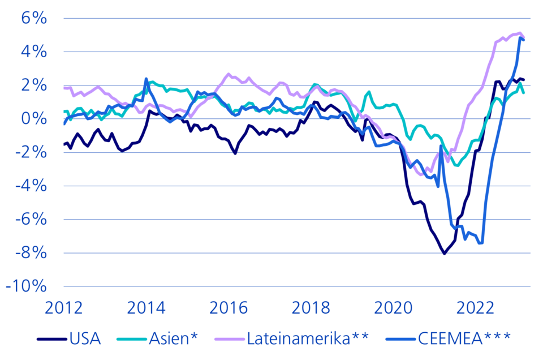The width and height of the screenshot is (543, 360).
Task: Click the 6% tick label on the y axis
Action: [34, 18]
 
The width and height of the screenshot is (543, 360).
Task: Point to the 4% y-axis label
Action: [34, 52]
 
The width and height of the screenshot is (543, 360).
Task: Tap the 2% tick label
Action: [34, 85]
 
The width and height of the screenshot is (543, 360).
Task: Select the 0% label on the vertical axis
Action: [34, 119]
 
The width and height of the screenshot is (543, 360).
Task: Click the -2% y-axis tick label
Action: [31, 152]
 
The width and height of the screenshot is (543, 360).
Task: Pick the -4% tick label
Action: [31, 186]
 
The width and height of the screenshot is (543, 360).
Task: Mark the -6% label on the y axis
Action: [31, 219]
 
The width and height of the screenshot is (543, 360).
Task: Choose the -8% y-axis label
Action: [31, 253]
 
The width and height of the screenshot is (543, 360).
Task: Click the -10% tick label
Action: [27, 286]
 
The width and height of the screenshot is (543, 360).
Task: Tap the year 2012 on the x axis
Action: [64, 308]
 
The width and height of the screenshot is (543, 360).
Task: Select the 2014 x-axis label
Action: [146, 308]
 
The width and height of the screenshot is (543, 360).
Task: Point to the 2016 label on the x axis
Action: [229, 308]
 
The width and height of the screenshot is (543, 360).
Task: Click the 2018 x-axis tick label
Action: [311, 308]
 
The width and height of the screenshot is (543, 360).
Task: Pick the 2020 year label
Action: [394, 308]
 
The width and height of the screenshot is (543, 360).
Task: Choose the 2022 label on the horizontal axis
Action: [476, 308]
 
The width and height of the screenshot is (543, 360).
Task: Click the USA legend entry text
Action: [85, 338]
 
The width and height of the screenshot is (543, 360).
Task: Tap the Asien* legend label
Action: [174, 338]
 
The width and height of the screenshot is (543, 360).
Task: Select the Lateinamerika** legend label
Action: [308, 338]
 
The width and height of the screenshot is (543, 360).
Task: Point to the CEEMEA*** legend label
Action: [464, 338]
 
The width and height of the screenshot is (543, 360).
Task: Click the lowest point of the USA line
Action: [445, 254]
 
